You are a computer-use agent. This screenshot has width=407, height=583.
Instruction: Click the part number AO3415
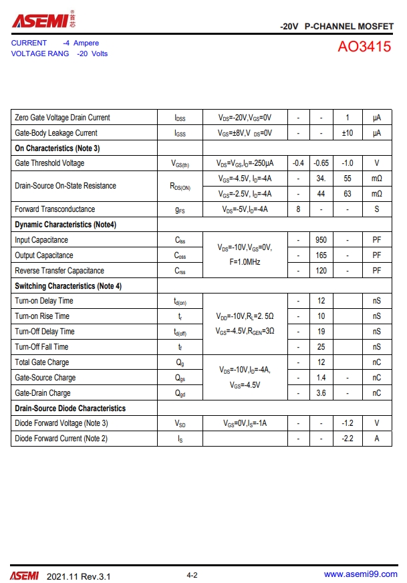365,49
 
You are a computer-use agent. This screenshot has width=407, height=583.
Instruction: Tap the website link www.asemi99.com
360,574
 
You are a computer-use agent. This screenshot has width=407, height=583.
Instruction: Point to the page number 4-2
192,575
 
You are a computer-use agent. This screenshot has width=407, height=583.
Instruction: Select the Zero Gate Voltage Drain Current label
62,118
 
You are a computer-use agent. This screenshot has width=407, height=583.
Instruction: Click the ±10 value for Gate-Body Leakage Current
348,133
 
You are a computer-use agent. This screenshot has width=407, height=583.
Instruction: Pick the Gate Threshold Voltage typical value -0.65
321,163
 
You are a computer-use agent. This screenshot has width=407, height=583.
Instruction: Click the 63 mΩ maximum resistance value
348,194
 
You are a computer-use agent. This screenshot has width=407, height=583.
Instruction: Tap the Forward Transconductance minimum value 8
298,209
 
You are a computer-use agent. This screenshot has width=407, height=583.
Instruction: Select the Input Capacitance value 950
321,240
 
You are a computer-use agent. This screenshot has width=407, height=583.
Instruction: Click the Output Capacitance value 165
321,255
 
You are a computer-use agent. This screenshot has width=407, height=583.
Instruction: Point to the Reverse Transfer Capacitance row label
59,271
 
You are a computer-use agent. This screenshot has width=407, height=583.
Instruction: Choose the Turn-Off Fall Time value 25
321,347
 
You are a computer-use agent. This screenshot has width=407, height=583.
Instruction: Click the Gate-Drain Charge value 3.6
321,393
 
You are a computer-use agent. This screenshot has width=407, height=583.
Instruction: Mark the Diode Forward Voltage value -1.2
348,423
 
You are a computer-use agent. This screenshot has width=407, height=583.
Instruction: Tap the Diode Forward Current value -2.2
348,439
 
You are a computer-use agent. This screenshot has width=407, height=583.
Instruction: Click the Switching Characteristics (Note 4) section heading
68,286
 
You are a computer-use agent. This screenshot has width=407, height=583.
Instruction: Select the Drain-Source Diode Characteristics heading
70,409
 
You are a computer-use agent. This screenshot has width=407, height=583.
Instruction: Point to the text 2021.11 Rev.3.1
79,576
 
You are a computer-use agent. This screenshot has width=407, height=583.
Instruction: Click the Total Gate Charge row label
41,362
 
